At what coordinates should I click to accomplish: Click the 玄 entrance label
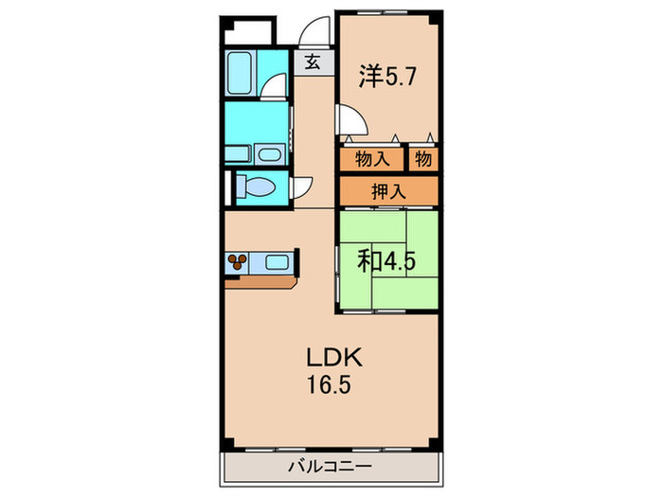312,63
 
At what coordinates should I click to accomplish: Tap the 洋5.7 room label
385,75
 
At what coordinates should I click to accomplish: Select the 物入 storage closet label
371,160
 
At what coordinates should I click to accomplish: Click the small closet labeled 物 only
423,160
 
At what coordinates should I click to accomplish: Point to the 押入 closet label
388,191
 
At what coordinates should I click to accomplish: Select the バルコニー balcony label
331,466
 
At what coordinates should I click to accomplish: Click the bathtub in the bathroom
240,73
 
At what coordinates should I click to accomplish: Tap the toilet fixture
256,187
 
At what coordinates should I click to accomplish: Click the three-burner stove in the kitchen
238,261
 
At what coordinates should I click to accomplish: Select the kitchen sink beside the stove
278,261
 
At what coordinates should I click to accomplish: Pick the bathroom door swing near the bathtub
274,88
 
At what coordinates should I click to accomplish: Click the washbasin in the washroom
270,154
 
